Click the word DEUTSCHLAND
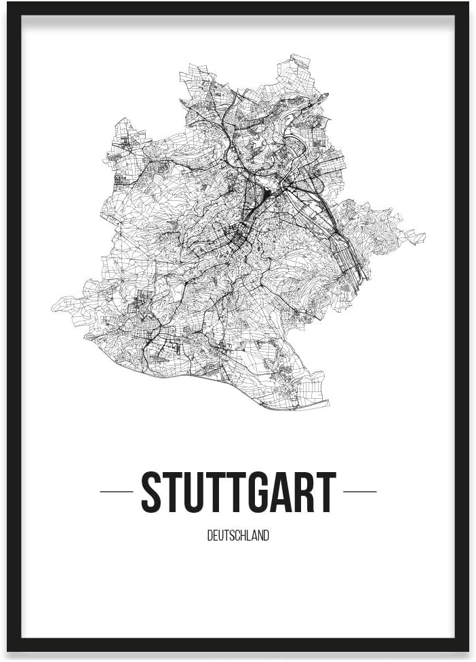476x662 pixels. tap(238, 536)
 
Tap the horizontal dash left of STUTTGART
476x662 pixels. tap(116, 491)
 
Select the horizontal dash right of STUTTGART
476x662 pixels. tap(359, 491)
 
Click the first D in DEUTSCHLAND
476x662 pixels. tap(210, 536)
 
